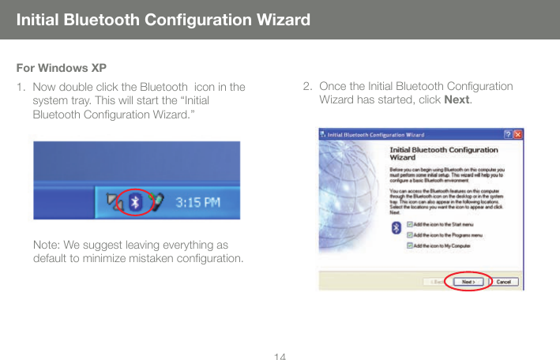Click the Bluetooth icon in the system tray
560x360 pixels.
click(135, 201)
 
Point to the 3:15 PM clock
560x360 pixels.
click(197, 202)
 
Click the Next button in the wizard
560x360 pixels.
click(468, 281)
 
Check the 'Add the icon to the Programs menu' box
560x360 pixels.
click(408, 234)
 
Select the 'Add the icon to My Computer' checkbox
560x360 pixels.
click(408, 244)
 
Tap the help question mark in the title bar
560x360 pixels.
click(506, 133)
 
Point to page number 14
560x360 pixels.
click(279, 354)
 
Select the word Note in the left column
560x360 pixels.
click(47, 245)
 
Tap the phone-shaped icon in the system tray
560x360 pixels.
click(156, 201)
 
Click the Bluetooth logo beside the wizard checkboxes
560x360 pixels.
click(396, 229)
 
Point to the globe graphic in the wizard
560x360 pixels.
click(351, 189)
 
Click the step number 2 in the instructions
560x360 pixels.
click(306, 86)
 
